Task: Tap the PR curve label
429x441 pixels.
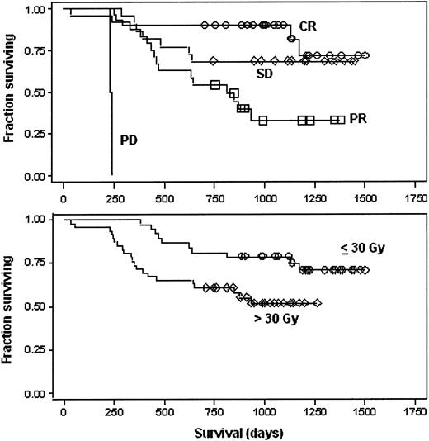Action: pyautogui.click(x=357, y=120)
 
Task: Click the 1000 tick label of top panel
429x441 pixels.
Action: pyautogui.click(x=265, y=199)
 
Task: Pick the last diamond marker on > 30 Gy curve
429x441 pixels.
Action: pyautogui.click(x=318, y=303)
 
